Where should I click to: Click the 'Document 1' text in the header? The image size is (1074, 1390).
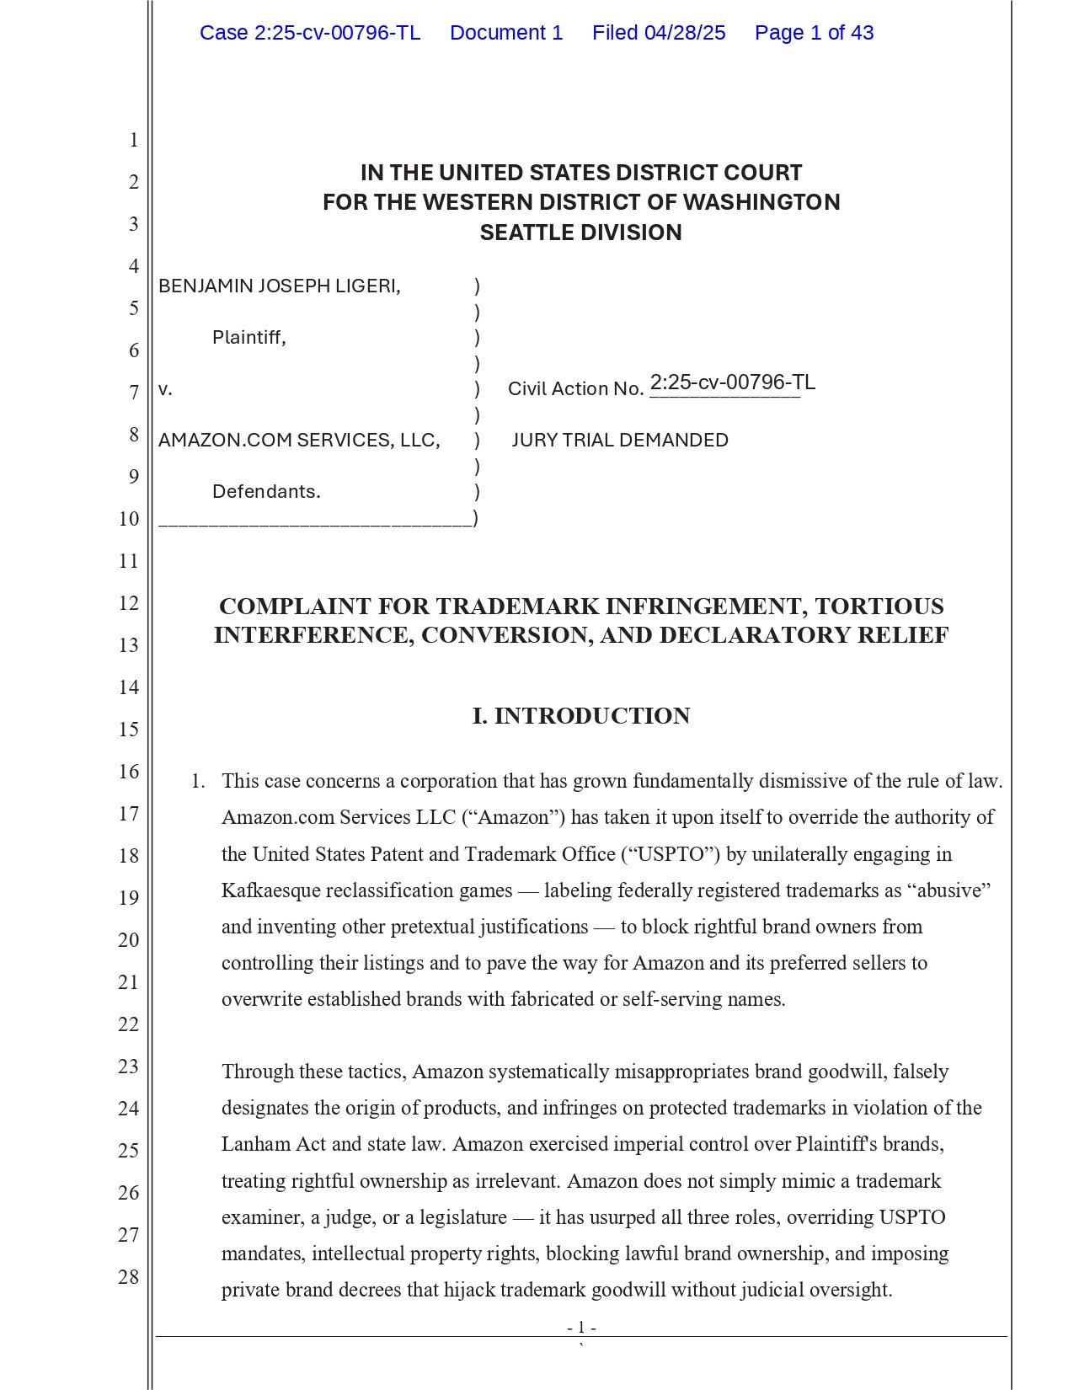click(x=506, y=33)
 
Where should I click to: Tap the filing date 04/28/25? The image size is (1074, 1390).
click(x=685, y=33)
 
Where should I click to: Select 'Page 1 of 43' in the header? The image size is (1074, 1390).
click(x=814, y=33)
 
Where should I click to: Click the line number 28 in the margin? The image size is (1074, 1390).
click(x=128, y=1277)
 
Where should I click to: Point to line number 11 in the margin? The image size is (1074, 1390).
click(x=128, y=561)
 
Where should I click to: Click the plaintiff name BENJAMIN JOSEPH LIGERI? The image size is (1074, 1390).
click(x=279, y=286)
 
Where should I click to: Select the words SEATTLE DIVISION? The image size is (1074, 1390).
click(x=580, y=233)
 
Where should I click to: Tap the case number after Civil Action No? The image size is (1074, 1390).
click(x=732, y=382)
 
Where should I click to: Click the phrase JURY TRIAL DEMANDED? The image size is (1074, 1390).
click(x=620, y=440)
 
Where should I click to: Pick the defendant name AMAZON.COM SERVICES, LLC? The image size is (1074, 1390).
click(x=299, y=440)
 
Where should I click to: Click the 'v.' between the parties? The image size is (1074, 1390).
click(x=165, y=389)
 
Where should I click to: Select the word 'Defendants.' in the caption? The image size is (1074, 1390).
click(x=266, y=491)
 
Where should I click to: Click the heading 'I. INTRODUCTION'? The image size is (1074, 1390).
click(x=581, y=716)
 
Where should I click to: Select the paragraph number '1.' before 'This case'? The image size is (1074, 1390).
click(x=198, y=781)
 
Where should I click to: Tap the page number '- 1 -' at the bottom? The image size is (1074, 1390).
click(x=581, y=1328)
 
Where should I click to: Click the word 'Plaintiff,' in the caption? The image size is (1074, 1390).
click(x=249, y=338)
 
